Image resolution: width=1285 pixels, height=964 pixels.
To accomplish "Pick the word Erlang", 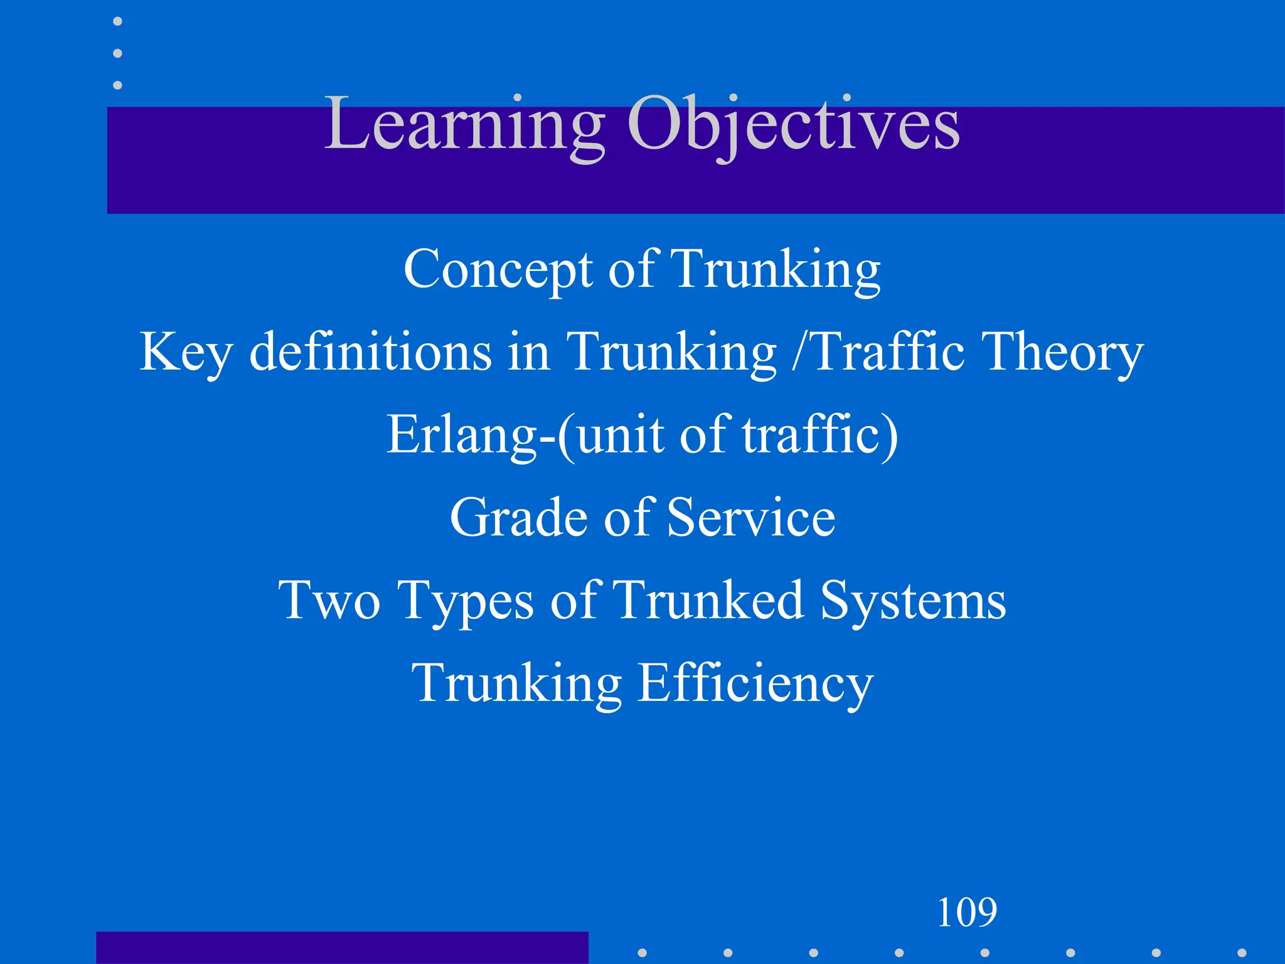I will tap(461, 435).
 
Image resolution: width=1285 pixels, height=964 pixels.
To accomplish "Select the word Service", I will tap(751, 517).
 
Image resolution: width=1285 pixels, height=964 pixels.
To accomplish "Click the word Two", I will tap(330, 600).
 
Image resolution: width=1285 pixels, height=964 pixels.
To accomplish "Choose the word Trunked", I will tap(708, 600).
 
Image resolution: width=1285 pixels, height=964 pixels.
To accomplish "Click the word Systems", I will tap(913, 601).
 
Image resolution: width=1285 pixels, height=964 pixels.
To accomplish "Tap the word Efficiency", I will tap(755, 683).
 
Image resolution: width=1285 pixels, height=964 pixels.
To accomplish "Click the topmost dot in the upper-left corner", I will tap(117, 21).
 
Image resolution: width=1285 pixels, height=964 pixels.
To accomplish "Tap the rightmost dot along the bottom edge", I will tap(1241, 953).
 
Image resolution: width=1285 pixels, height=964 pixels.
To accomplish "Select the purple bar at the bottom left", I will tap(342, 948).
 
